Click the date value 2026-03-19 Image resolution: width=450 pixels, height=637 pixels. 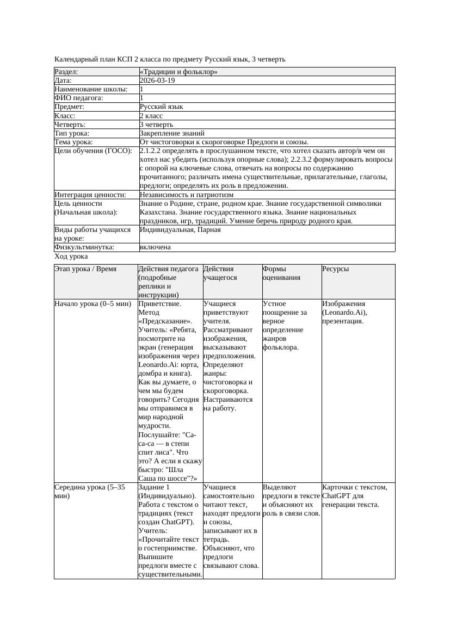pyautogui.click(x=157, y=81)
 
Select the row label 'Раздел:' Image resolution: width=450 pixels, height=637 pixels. pyautogui.click(x=66, y=72)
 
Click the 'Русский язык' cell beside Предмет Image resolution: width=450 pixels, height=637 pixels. pyautogui.click(x=161, y=107)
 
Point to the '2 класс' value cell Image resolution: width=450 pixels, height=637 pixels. pyautogui.click(x=151, y=115)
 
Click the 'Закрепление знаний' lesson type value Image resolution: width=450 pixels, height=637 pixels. pyautogui.click(x=172, y=133)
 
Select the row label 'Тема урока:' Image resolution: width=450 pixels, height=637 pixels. pyautogui.click(x=74, y=142)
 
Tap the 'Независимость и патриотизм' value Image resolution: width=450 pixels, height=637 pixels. pyautogui.click(x=187, y=194)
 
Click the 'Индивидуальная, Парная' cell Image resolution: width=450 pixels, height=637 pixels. pyautogui.click(x=180, y=230)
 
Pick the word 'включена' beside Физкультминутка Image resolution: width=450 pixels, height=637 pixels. pyautogui.click(x=155, y=247)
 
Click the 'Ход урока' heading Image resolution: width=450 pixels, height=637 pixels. pyautogui.click(x=71, y=256)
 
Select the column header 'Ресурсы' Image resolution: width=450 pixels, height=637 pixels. pyautogui.click(x=335, y=269)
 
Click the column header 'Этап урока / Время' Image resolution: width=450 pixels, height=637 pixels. pyautogui.click(x=85, y=269)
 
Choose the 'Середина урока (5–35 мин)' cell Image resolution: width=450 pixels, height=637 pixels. pyautogui.click(x=90, y=492)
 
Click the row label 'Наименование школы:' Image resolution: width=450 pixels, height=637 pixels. pyautogui.click(x=91, y=89)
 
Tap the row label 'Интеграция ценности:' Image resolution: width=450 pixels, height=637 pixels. pyautogui.click(x=90, y=194)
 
